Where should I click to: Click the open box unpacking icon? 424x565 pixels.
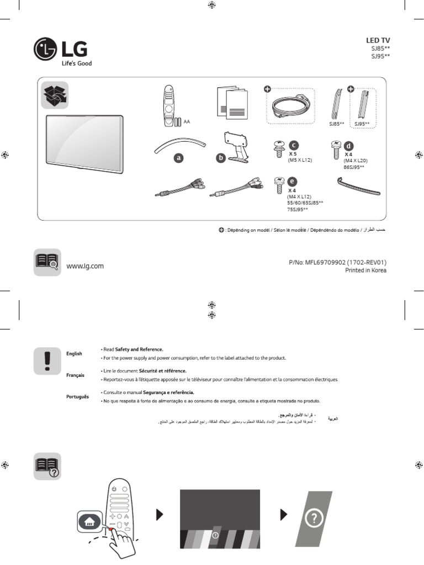pyautogui.click(x=55, y=95)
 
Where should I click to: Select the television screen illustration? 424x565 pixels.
pyautogui.click(x=83, y=140)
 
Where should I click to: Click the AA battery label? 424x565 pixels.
pyautogui.click(x=187, y=121)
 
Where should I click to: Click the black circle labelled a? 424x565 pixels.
pyautogui.click(x=178, y=158)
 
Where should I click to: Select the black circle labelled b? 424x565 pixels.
pyautogui.click(x=220, y=158)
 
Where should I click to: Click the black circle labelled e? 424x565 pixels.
pyautogui.click(x=292, y=181)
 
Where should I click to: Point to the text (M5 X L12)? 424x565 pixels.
pyautogui.click(x=299, y=159)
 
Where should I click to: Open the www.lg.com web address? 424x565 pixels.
pyautogui.click(x=85, y=266)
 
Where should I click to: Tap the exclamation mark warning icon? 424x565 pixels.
pyautogui.click(x=47, y=360)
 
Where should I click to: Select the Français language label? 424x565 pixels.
pyautogui.click(x=75, y=375)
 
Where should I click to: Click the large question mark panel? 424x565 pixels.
pyautogui.click(x=313, y=519)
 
